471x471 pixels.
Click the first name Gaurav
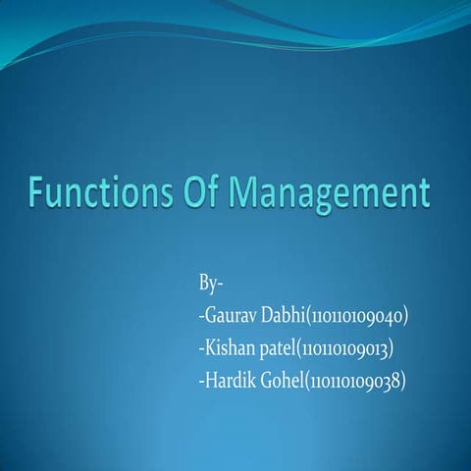[229, 317]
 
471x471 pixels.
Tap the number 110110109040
[357, 317]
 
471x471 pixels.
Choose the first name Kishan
[228, 348]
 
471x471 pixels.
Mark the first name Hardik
[228, 380]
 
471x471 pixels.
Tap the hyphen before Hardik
[200, 382]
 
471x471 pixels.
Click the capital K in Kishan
[209, 348]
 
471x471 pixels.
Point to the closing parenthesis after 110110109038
[402, 380]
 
